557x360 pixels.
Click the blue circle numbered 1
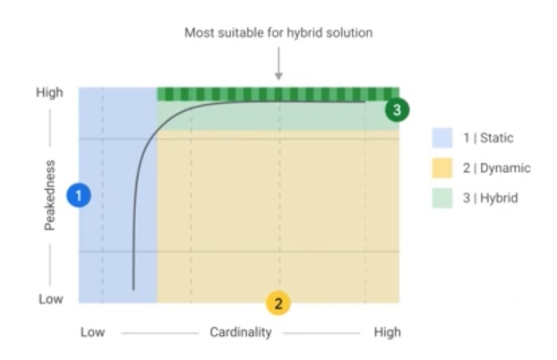point(80,195)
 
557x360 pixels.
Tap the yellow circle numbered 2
point(278,303)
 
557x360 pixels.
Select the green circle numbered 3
point(397,109)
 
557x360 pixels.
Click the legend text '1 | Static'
point(488,137)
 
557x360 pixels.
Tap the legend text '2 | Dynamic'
point(497,167)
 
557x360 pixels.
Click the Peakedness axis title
point(50,195)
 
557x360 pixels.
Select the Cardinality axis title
point(241,332)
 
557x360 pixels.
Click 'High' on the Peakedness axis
point(49,92)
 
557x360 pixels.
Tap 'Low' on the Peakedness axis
point(50,299)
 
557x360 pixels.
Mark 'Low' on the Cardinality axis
point(92,332)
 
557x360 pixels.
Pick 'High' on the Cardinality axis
point(387,332)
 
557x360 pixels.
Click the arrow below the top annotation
point(278,67)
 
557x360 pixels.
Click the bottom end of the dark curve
point(133,288)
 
